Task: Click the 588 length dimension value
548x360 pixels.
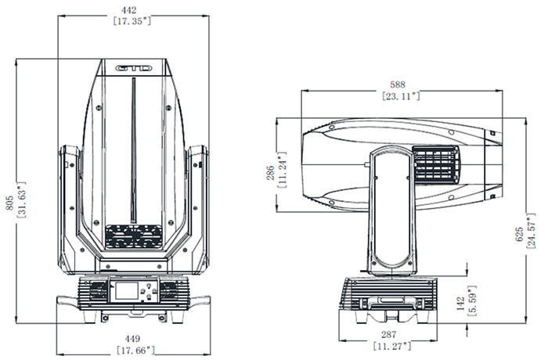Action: (402, 85)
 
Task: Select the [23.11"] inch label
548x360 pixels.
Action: (402, 95)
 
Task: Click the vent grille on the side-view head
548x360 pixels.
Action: (436, 167)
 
